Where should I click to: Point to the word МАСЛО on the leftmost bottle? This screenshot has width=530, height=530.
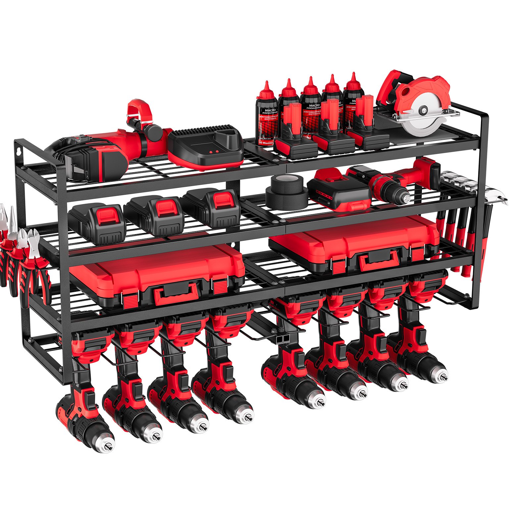(x=266, y=110)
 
